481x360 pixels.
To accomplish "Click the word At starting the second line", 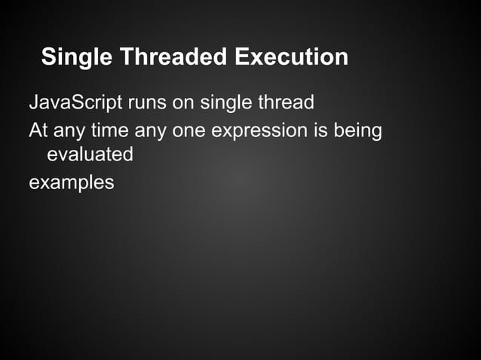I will point(38,130).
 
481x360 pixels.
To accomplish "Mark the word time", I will point(109,130).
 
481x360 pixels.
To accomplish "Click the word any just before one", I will point(151,130).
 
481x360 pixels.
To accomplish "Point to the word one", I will point(189,130).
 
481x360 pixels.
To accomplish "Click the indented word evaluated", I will point(90,155).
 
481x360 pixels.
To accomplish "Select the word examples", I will point(71,182).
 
